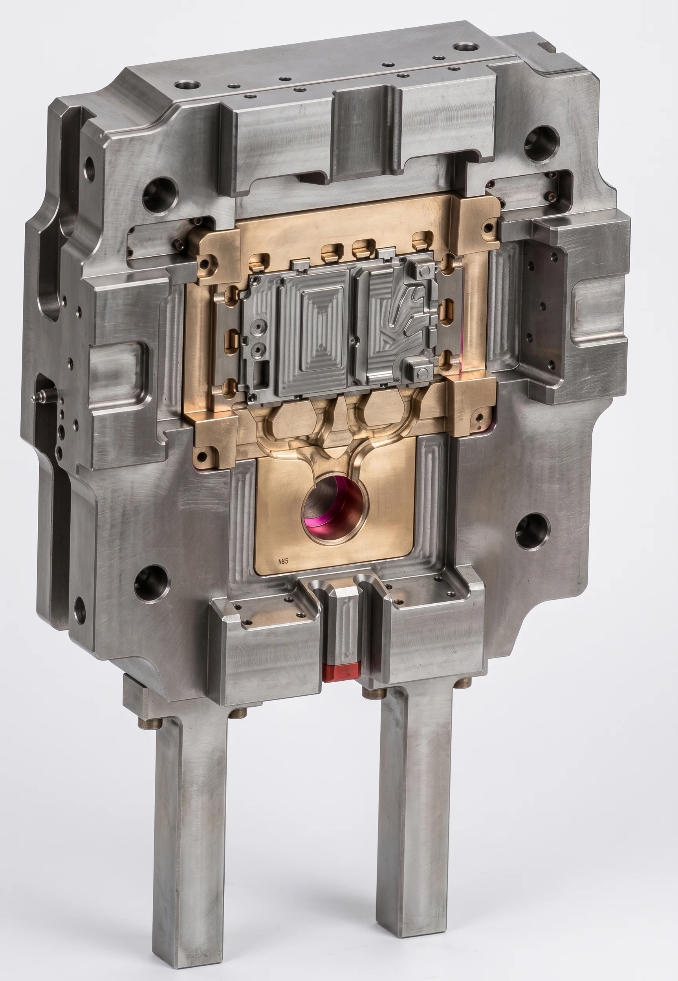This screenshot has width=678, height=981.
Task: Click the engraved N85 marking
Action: (x=283, y=561)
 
